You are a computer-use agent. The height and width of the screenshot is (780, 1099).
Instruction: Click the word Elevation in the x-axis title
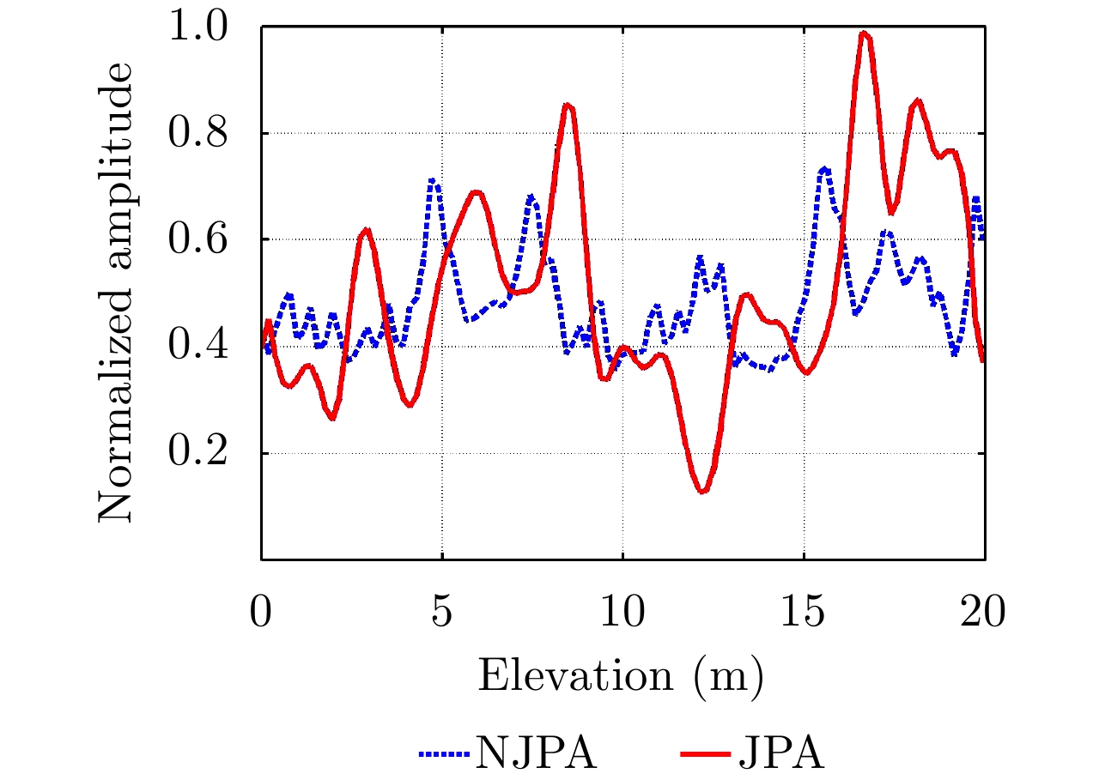574,675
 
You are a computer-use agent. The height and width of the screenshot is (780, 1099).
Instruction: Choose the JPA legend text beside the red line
780,756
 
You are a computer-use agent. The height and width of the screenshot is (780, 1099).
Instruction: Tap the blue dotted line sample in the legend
444,756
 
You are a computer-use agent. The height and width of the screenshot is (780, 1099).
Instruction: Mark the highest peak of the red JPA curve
865,33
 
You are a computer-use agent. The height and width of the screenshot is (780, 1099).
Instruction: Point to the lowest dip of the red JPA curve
703,491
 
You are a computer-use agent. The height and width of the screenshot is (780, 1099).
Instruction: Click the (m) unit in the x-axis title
732,676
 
